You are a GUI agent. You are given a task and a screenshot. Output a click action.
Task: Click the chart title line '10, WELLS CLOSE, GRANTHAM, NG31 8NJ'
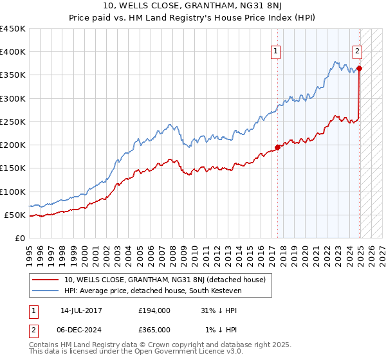pyautogui.click(x=192, y=6)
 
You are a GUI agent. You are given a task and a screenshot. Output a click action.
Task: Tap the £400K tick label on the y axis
pyautogui.click(x=13, y=52)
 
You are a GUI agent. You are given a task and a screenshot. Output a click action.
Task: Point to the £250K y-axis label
pyautogui.click(x=13, y=122)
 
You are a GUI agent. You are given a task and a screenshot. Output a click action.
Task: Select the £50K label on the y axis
pyautogui.click(x=15, y=215)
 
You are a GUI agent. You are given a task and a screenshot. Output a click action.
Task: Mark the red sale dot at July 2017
pyautogui.click(x=278, y=147)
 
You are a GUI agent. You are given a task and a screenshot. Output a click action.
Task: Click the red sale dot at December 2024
pyautogui.click(x=359, y=68)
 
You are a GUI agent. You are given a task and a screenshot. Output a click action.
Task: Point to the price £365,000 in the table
pyautogui.click(x=154, y=329)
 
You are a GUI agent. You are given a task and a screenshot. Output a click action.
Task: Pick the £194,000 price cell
pyautogui.click(x=154, y=310)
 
